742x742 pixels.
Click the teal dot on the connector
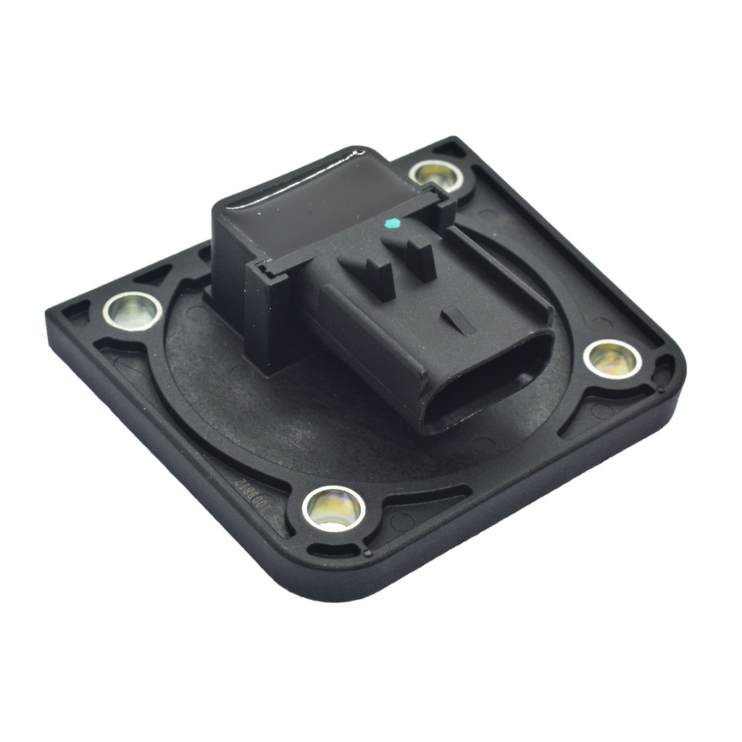coord(392,222)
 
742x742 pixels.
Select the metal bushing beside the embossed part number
coord(333,507)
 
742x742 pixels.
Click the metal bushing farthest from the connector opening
coord(132,310)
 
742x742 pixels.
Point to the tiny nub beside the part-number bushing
coord(368,553)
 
